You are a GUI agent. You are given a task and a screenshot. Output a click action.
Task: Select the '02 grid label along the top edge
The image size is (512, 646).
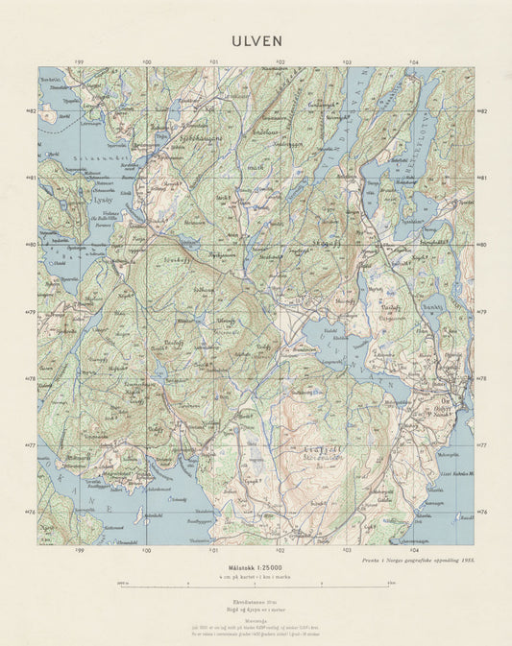click(x=280, y=62)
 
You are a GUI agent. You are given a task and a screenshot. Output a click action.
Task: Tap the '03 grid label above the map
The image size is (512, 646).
click(x=347, y=62)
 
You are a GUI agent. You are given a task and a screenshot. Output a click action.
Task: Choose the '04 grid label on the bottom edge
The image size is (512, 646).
click(x=414, y=551)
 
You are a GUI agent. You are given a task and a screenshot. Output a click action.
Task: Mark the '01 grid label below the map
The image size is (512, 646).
click(x=212, y=551)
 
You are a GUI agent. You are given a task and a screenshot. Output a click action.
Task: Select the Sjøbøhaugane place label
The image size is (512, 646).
click(x=173, y=139)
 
